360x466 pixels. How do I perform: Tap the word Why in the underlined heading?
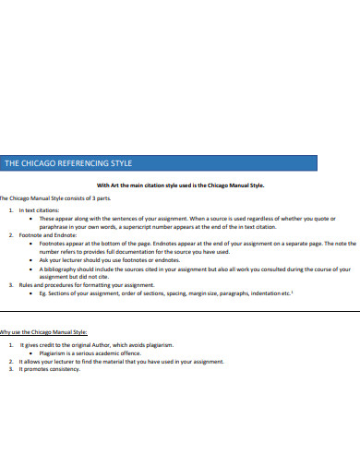[6, 329]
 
